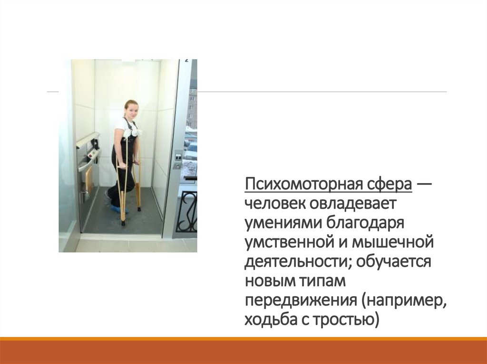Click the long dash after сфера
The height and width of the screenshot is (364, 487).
point(424,184)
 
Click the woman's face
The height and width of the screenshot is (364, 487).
point(131,111)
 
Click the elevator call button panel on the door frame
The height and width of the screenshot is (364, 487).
point(178,159)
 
